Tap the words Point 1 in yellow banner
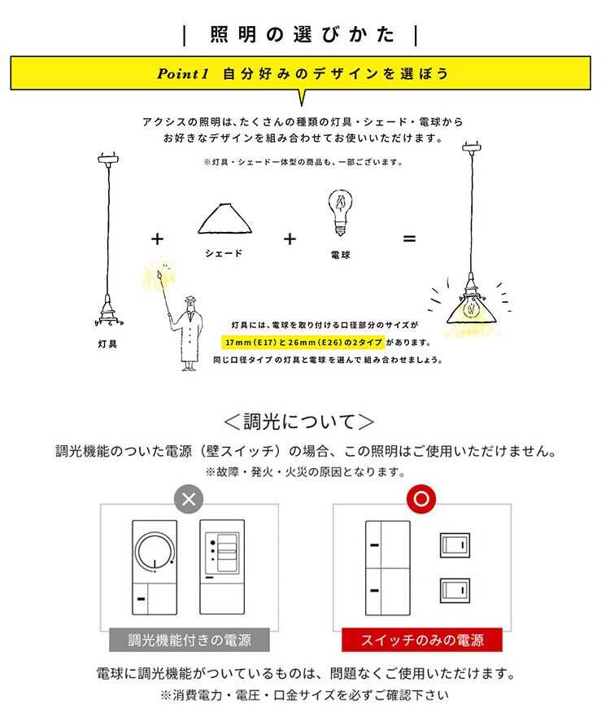coord(184,73)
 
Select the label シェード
coord(224,254)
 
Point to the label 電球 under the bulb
coord(340,256)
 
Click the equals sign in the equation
coord(409,238)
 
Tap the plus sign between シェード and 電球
coord(290,238)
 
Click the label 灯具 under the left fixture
coord(107,344)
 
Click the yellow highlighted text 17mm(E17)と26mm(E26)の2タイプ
coord(303,342)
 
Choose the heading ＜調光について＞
coord(299,422)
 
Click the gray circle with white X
coord(189,498)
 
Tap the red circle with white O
coord(420,498)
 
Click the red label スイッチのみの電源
coord(421,640)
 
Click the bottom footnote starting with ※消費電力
coord(304,696)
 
